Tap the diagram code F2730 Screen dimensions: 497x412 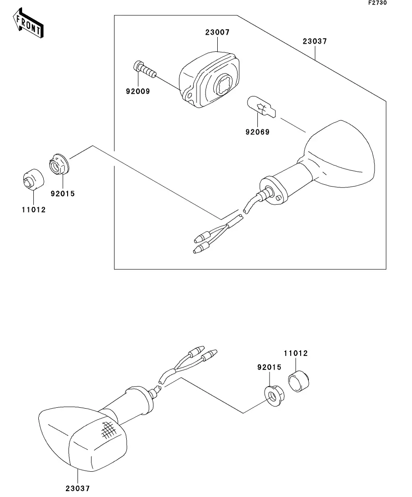[377, 3]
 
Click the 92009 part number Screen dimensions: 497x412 [137, 91]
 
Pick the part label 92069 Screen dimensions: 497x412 [257, 132]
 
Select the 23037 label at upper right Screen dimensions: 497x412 [314, 41]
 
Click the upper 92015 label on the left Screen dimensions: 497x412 [63, 194]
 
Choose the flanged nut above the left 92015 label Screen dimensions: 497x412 [58, 164]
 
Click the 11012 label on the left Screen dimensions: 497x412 [34, 210]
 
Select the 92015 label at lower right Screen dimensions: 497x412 [270, 367]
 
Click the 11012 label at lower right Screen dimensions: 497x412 [296, 353]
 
